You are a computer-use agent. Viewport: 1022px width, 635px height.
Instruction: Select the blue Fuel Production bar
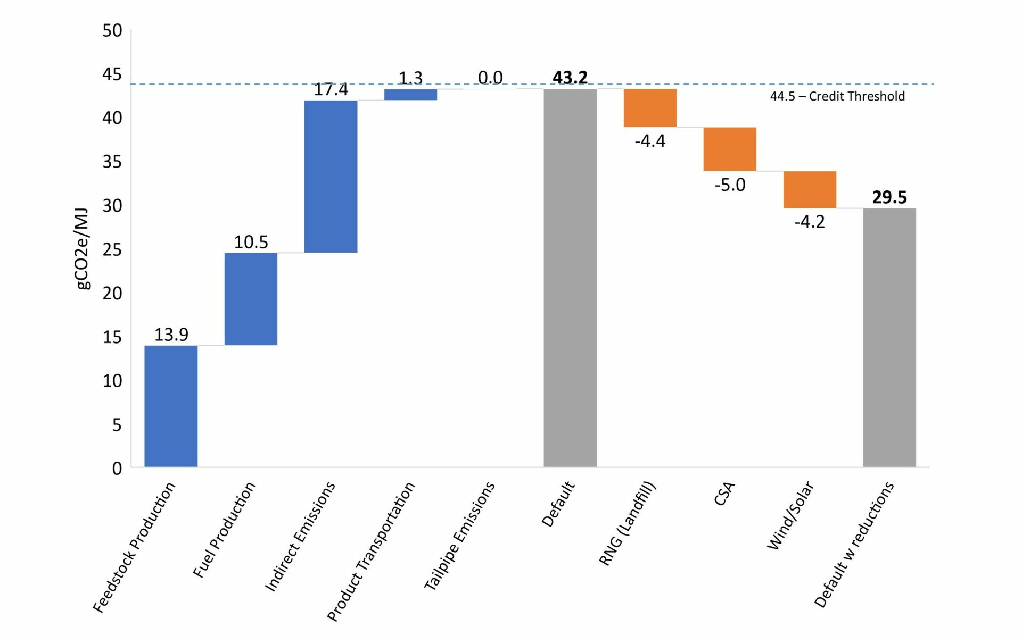point(251,299)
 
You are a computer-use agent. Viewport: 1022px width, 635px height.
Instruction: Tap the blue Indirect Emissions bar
point(331,176)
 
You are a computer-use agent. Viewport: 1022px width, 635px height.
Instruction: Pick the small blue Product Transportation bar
point(410,95)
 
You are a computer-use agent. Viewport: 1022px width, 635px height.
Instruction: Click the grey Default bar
point(570,278)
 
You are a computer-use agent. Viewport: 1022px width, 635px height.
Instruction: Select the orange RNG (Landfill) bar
point(650,108)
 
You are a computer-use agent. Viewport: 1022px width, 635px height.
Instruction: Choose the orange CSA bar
point(730,149)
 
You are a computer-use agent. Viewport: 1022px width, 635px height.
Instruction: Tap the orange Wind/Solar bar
point(810,189)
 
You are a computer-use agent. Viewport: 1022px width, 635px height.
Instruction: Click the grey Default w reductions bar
point(889,337)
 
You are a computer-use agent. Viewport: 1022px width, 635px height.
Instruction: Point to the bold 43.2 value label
point(570,78)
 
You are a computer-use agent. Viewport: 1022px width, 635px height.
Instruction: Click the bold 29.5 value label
point(889,197)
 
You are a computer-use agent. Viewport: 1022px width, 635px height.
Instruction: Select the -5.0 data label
point(730,185)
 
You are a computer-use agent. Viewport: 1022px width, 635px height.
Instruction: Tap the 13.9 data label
point(171,335)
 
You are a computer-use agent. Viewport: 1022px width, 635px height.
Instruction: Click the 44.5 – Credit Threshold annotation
point(837,96)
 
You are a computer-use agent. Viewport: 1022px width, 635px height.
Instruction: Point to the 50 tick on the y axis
point(112,31)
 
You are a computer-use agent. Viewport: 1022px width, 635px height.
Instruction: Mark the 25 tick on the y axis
point(112,249)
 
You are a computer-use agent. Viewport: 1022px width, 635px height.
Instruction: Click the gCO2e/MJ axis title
point(83,249)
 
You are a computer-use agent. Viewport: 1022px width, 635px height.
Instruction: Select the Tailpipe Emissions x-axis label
point(459,536)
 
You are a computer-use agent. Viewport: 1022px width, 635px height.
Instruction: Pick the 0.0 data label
point(490,78)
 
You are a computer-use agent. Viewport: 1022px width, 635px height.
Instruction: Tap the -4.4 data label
point(650,141)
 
